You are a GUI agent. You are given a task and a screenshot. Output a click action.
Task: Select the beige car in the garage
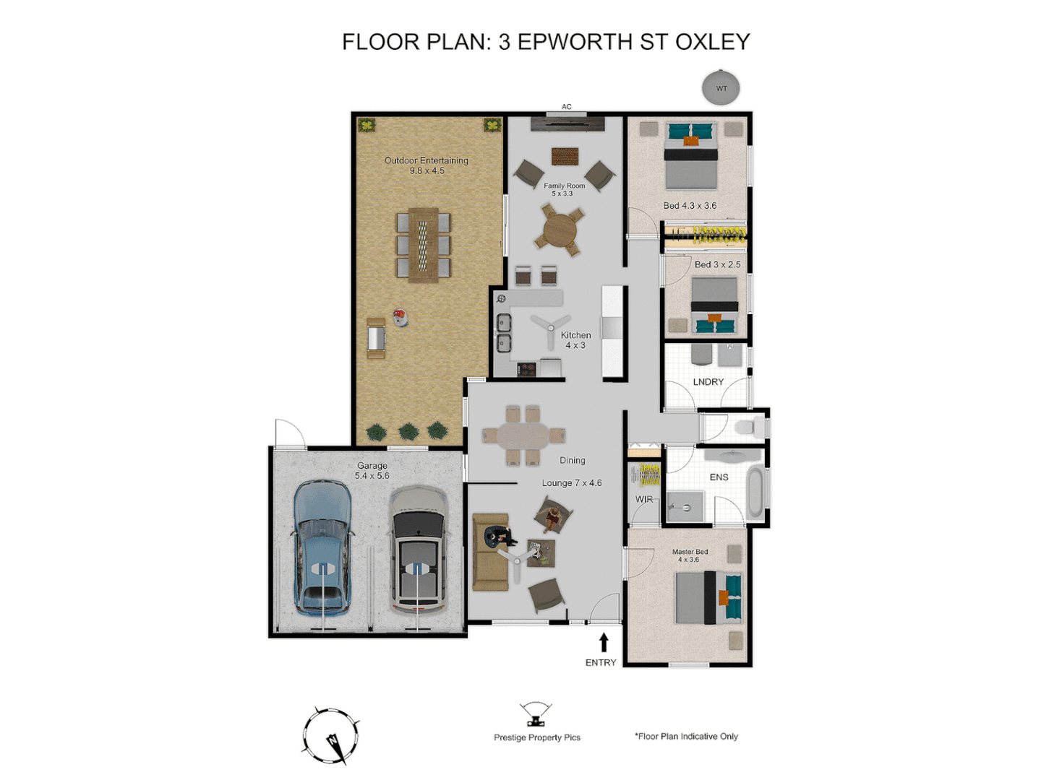point(419,550)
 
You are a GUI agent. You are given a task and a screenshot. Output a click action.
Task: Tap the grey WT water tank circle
point(721,88)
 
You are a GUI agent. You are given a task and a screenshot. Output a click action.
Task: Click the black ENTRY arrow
point(604,642)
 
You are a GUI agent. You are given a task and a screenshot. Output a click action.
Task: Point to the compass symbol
point(330,736)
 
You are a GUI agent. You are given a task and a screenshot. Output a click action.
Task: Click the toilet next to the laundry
point(749,427)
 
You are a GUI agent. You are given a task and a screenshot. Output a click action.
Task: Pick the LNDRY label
point(708,382)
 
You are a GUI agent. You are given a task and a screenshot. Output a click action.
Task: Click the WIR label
point(643,499)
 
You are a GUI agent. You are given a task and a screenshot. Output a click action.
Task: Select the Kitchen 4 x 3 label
point(575,340)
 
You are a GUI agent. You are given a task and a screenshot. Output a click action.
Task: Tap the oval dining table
point(523,435)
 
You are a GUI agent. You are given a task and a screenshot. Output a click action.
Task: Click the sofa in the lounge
point(489,552)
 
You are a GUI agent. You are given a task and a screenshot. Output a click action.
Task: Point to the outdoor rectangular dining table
point(423,244)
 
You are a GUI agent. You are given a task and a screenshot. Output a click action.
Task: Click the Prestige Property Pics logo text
point(537,737)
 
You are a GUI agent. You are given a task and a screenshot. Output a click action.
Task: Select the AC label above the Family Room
point(567,107)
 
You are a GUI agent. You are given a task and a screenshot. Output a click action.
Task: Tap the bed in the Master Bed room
point(708,597)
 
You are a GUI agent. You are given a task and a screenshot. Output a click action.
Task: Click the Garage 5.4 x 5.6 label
point(372,471)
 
